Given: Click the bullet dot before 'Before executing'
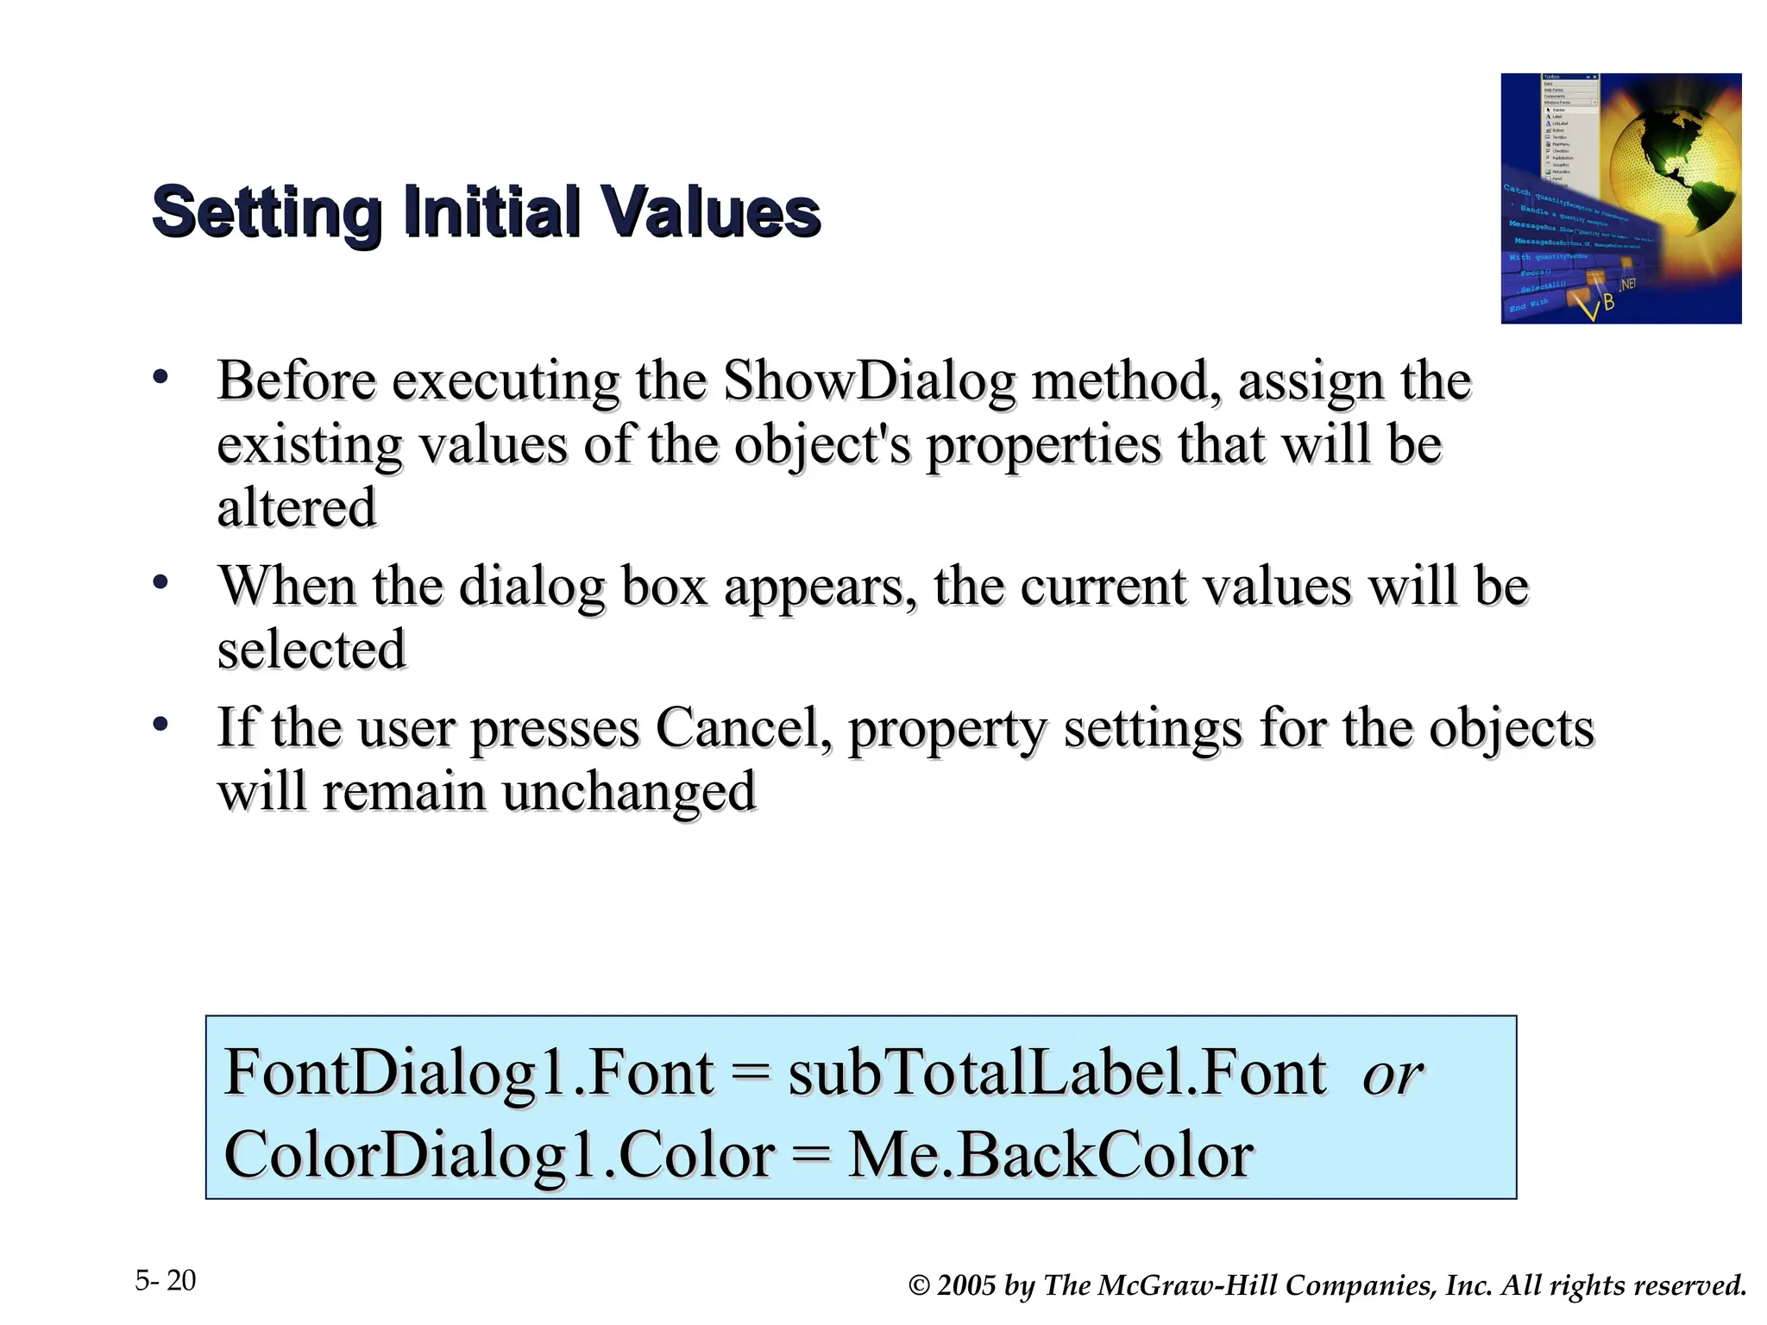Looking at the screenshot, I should click(160, 376).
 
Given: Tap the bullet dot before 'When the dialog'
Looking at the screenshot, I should click(160, 582).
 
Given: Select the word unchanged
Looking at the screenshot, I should click(629, 792).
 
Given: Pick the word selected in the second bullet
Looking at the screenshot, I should click(311, 650).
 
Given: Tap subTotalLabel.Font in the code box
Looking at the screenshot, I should click(1057, 1073).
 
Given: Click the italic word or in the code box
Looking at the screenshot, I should click(1392, 1075).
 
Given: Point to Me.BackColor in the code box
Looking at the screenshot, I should click(1051, 1155).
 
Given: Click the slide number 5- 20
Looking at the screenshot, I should click(166, 1281).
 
